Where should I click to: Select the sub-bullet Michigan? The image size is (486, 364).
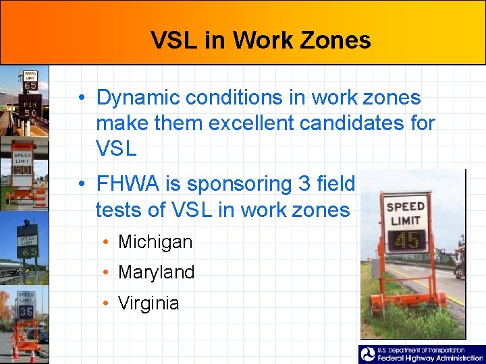pos(155,242)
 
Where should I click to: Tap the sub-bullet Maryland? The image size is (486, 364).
pos(156,272)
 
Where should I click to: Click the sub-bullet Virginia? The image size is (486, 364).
pos(148,303)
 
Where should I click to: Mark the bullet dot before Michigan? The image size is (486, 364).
pos(107,243)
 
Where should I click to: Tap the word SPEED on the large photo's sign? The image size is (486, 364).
pos(406,207)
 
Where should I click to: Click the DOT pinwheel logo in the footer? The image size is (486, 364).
pos(368,355)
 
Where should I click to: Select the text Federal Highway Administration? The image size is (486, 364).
pos(431,359)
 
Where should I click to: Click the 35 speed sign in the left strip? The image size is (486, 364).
pos(26,312)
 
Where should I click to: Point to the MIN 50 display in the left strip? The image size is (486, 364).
pos(29,108)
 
